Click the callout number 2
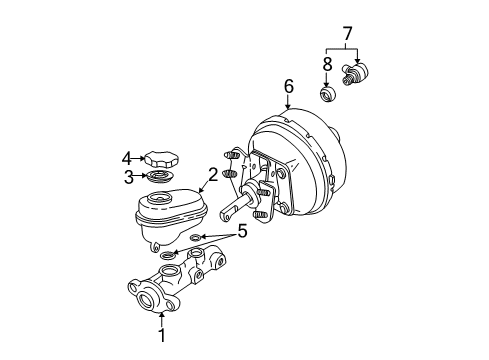[211, 176]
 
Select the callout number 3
[128, 177]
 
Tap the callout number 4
[127, 156]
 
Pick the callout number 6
[288, 87]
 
